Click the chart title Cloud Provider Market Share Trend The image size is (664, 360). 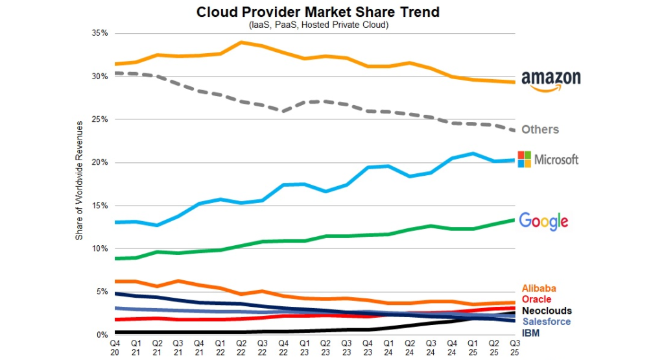pos(318,12)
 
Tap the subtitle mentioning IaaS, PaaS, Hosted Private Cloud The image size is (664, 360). pos(318,25)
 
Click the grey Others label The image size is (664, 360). pos(539,130)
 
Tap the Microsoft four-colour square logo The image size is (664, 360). pos(524,158)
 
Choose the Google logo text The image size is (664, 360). pos(543,221)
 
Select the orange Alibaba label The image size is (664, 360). pos(539,289)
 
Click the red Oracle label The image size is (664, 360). pos(536,300)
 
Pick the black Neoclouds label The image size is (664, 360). pos(546,311)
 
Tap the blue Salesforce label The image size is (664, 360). pos(546,322)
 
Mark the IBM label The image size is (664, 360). pos(531,333)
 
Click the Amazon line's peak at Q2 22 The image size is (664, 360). pos(241,42)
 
